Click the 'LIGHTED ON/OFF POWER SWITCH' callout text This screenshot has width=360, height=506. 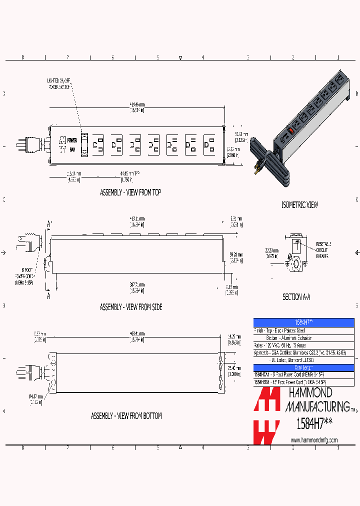[x=59, y=83]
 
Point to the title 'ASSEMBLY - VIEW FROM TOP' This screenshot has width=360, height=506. [x=130, y=192]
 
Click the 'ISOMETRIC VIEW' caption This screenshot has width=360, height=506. [x=299, y=205]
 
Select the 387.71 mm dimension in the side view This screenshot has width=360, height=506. [x=137, y=287]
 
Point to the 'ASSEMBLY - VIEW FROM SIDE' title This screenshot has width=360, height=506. [x=131, y=307]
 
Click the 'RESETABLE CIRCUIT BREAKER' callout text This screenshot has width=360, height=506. [x=322, y=249]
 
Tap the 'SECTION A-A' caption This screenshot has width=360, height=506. [x=296, y=297]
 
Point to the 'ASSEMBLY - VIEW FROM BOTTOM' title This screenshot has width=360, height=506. [x=126, y=416]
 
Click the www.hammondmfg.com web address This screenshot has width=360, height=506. [x=313, y=440]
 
